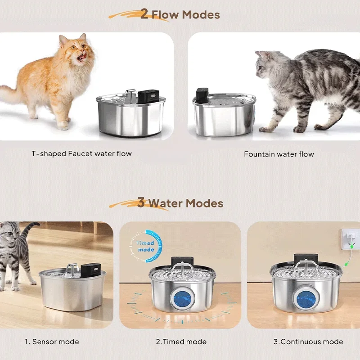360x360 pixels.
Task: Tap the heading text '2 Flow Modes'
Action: (180, 15)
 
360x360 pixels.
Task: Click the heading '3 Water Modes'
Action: (180, 203)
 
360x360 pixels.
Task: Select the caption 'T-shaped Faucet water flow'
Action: (81, 154)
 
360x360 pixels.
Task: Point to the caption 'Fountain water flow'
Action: (279, 154)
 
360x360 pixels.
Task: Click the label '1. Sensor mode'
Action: (52, 342)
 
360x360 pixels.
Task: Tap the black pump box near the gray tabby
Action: (201, 95)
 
